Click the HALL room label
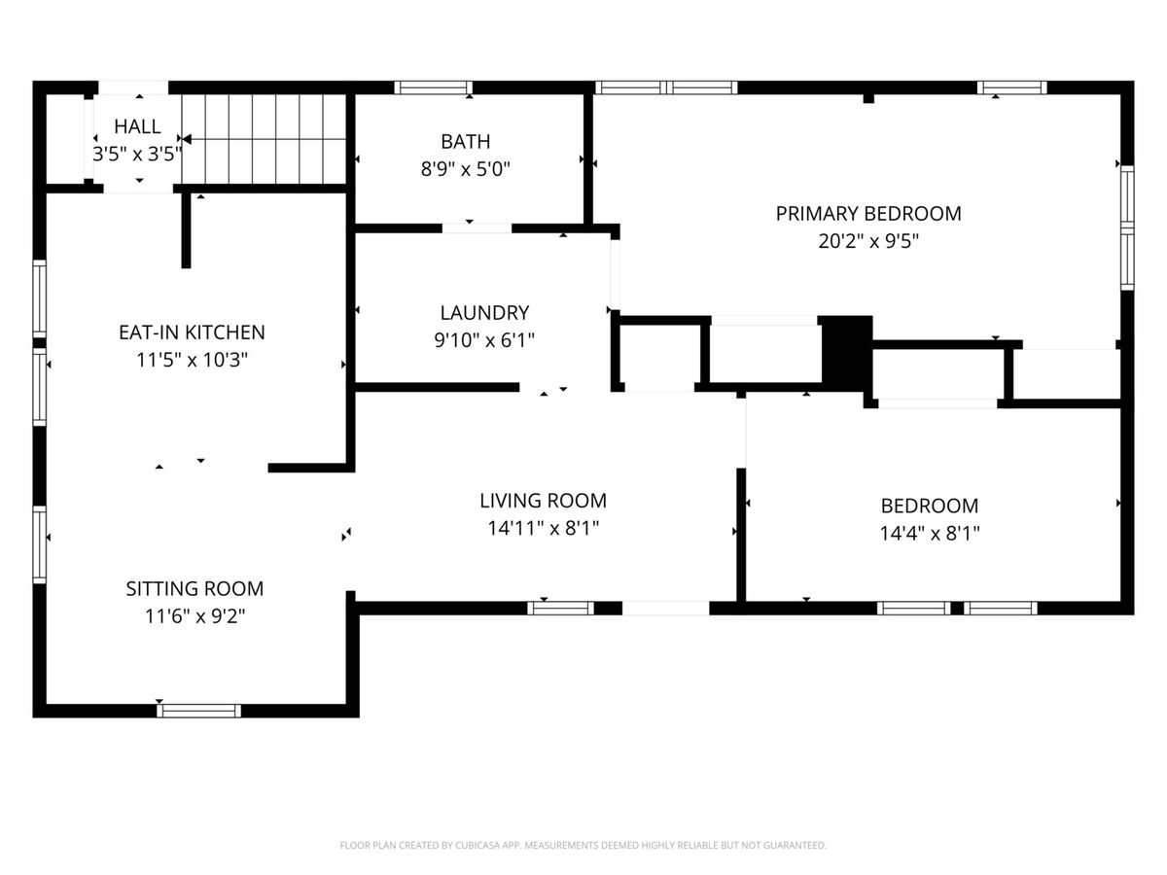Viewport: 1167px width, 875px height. (x=137, y=126)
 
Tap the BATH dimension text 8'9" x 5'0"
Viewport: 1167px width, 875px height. (x=465, y=169)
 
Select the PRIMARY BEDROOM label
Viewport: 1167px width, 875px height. (x=868, y=214)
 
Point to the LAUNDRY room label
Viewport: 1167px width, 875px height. (x=484, y=312)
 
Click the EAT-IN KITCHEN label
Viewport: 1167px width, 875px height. (x=192, y=332)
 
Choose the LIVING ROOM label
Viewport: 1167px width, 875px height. (x=543, y=501)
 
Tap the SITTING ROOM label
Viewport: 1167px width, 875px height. (x=194, y=588)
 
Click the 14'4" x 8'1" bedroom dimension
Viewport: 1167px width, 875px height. (x=930, y=533)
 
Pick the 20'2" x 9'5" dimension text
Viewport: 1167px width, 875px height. (x=868, y=241)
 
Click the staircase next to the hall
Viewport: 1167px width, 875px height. (x=264, y=139)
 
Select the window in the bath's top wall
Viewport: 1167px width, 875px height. (x=433, y=87)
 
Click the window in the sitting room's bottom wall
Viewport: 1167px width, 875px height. (x=198, y=711)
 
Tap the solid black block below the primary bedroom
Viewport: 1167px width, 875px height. (x=847, y=353)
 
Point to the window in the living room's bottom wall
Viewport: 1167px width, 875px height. (x=560, y=609)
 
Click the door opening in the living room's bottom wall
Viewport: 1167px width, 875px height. (x=665, y=609)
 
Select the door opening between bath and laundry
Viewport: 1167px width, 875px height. (x=477, y=228)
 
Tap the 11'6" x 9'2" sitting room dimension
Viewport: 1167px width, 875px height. (x=194, y=616)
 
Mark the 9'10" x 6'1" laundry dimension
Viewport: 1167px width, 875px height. (x=484, y=340)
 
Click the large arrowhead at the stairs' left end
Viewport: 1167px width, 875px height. (x=187, y=139)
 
